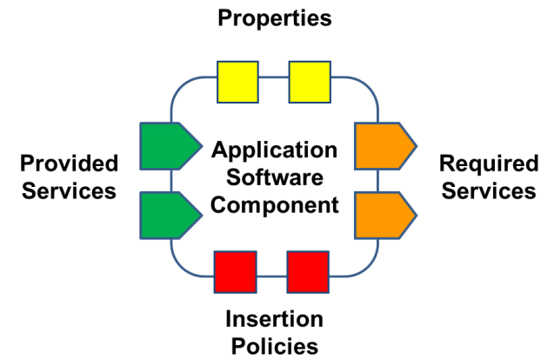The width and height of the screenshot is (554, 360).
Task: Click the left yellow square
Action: (x=237, y=81)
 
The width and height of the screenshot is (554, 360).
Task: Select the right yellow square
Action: (x=310, y=81)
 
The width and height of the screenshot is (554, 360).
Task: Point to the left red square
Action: (x=236, y=271)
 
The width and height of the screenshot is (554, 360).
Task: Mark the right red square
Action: (x=308, y=271)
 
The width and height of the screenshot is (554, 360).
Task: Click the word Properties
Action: (x=275, y=18)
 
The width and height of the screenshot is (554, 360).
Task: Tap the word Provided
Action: (x=69, y=163)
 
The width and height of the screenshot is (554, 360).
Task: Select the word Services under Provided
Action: (x=69, y=191)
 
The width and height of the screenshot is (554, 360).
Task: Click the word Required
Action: (x=487, y=163)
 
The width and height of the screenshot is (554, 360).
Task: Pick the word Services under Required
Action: (x=488, y=191)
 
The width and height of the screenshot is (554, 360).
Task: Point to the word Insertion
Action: (x=275, y=318)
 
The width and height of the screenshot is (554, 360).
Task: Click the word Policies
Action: (x=275, y=346)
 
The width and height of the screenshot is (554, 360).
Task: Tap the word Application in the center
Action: (x=275, y=150)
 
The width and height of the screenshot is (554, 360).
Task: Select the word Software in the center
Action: (x=275, y=178)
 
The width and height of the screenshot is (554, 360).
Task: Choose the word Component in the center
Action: (x=275, y=206)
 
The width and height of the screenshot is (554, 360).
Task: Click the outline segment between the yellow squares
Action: (x=273, y=77)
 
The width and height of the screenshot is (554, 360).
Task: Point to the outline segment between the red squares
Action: (x=271, y=276)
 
